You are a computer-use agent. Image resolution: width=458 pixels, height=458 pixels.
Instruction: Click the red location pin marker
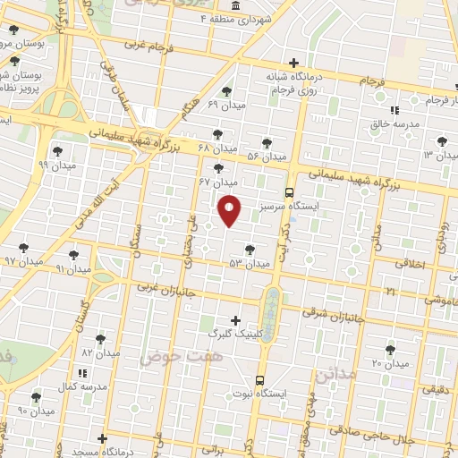230,210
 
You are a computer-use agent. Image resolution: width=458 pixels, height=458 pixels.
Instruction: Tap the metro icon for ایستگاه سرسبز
288,192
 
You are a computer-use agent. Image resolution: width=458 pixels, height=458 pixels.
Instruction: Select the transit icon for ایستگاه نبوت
259,379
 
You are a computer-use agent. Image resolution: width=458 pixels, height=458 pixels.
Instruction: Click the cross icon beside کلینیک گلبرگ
235,320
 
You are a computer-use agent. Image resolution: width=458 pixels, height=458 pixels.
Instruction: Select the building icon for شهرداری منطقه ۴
234,4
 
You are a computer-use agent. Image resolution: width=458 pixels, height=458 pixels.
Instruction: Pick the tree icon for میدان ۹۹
58,151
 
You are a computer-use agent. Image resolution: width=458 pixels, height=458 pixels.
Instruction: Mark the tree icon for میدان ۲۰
389,350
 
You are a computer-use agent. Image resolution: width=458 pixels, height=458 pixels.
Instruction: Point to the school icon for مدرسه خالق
394,112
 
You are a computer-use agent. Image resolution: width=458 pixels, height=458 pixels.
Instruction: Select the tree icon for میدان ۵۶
267,142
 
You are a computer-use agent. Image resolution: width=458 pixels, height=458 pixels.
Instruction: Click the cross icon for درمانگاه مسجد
103,439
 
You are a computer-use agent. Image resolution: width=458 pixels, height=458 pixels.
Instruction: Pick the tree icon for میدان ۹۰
36,397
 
